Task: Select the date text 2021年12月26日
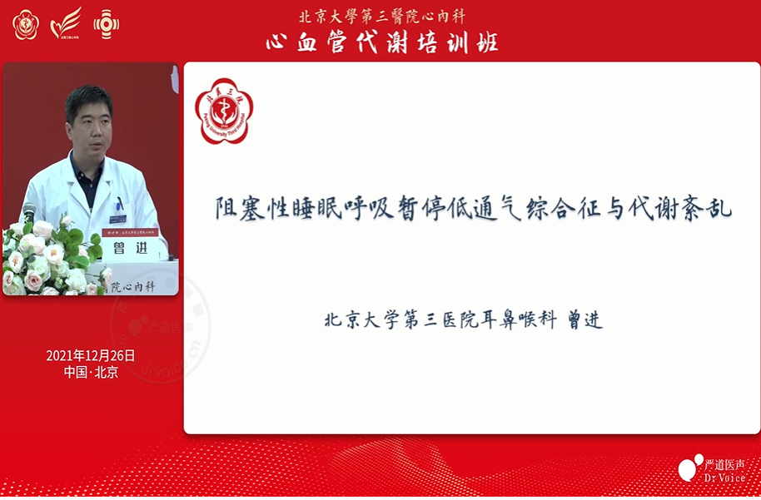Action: (91, 355)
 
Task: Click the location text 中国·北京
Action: (91, 372)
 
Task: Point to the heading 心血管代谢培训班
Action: (382, 42)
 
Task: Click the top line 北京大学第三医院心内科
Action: (382, 16)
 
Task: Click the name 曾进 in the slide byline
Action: (584, 320)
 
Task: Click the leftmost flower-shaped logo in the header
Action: (26, 25)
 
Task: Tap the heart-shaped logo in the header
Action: (66, 24)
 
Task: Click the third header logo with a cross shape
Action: (106, 25)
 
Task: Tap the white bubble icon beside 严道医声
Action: (689, 468)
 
